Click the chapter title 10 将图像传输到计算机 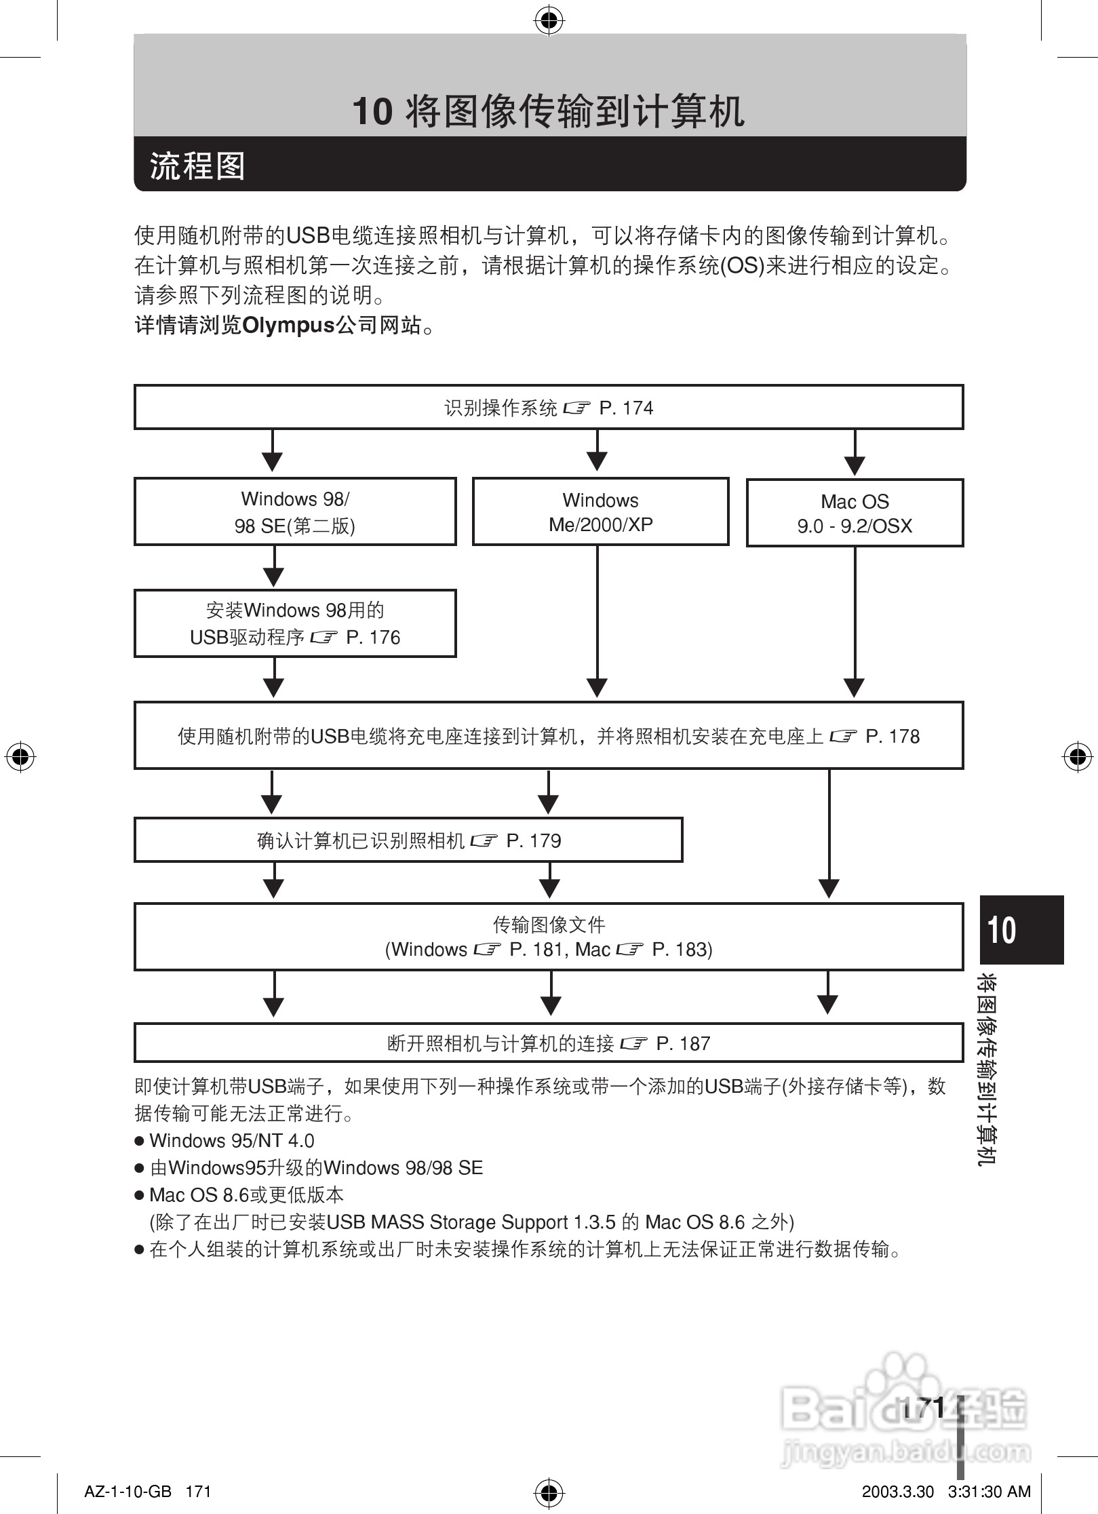(548, 111)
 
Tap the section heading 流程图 (197, 166)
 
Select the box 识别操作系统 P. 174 (548, 408)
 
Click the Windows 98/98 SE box (295, 512)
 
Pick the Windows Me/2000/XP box (600, 512)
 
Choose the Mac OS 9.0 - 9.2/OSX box (855, 513)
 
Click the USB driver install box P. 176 (295, 623)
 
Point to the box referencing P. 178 (548, 736)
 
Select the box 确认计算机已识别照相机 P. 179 (408, 840)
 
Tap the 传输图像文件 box (548, 937)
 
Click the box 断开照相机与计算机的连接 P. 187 (548, 1043)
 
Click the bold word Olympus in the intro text (288, 326)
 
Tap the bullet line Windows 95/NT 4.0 (231, 1141)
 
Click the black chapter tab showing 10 (1021, 929)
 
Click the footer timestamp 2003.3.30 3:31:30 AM (945, 1492)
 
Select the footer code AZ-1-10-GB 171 (148, 1492)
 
